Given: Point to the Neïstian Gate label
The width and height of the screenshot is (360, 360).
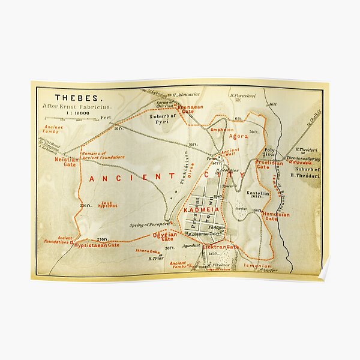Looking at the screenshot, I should pyautogui.click(x=67, y=160).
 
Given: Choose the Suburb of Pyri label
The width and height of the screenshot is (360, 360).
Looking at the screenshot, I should pyautogui.click(x=163, y=118).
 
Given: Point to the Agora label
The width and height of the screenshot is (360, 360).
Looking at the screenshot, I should pyautogui.click(x=238, y=136).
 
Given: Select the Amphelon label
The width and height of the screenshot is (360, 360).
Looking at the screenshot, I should pyautogui.click(x=222, y=130).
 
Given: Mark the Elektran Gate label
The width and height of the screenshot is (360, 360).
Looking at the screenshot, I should pyautogui.click(x=220, y=247).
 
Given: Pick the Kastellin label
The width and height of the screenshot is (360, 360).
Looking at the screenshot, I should pyautogui.click(x=257, y=193).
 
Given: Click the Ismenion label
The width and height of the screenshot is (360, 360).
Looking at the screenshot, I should pyautogui.click(x=259, y=264).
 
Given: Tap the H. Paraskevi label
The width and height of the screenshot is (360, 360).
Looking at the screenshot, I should pyautogui.click(x=242, y=95).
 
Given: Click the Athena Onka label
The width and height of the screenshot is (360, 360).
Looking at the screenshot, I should pyautogui.click(x=147, y=251).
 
